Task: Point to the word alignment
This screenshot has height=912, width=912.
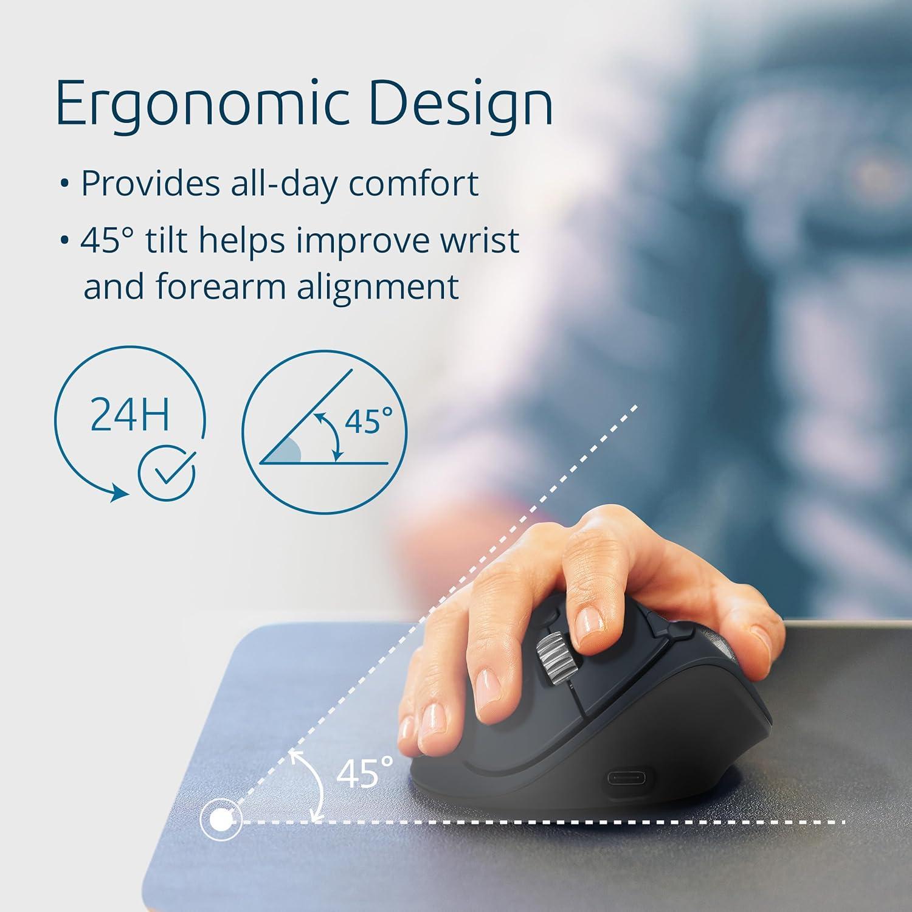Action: point(378,286)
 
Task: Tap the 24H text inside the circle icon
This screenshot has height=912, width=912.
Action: point(130,413)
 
